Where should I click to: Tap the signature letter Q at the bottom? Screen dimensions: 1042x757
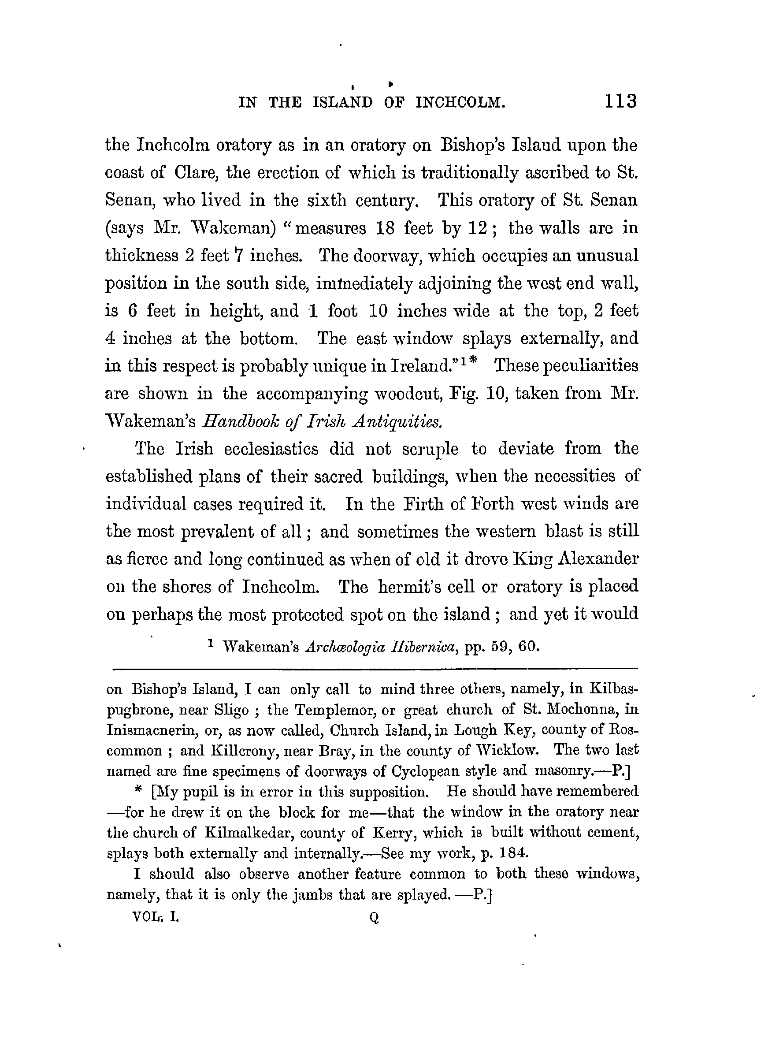[375, 918]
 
